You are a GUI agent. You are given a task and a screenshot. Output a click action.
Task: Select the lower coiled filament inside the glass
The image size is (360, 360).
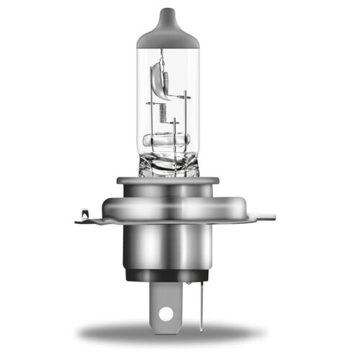point(163,112)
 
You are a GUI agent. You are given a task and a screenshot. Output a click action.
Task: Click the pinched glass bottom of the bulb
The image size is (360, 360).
point(168,164)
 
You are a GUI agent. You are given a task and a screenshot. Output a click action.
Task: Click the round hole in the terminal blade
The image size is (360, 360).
point(166,314)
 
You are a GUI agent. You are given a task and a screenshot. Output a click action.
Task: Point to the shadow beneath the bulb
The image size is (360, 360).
point(169,333)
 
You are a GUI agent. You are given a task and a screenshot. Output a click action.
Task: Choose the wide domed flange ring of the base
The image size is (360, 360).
point(169,205)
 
